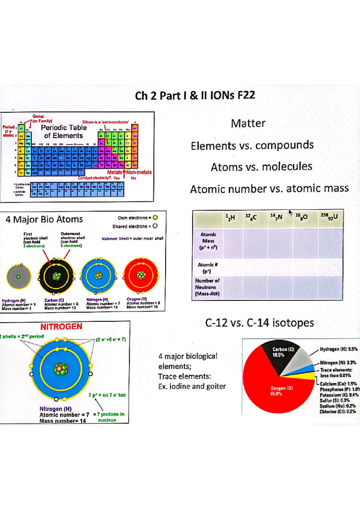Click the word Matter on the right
[x=248, y=124]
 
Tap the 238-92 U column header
[x=329, y=217]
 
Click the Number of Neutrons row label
[x=207, y=287]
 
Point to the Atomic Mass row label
[x=208, y=241]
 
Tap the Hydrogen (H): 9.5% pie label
[x=338, y=349]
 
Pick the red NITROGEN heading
[x=61, y=327]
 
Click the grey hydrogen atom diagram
[x=19, y=277]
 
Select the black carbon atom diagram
[x=56, y=276]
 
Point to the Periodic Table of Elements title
[x=64, y=132]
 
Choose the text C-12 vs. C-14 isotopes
[x=259, y=323]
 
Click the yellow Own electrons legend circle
[x=155, y=218]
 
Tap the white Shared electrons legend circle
[x=155, y=226]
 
